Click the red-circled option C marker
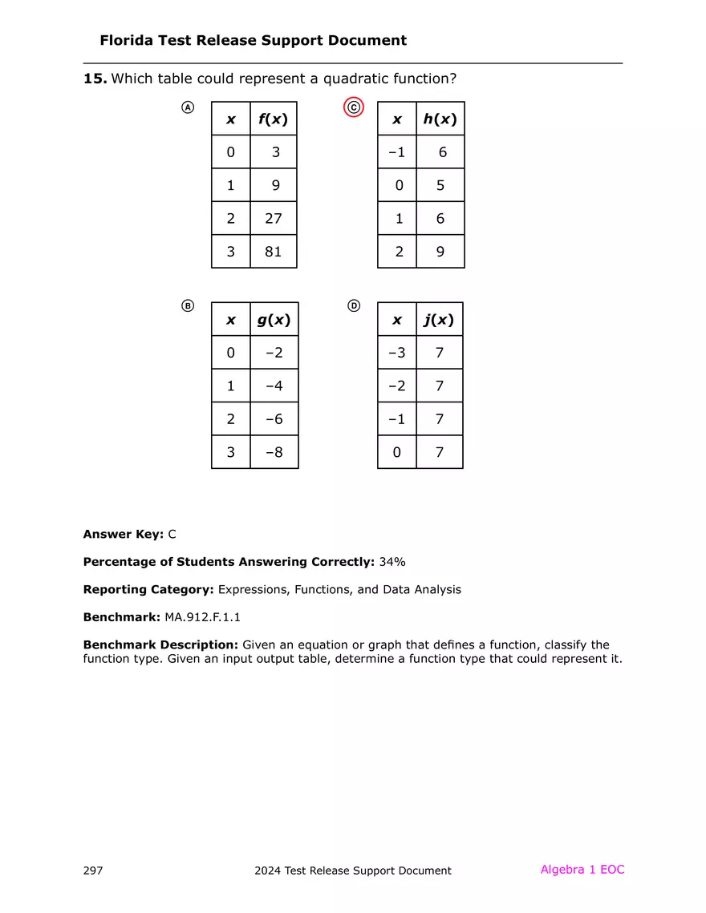(354, 107)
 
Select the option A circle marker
(187, 107)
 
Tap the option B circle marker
(187, 306)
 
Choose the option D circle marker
(354, 306)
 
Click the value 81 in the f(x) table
(274, 252)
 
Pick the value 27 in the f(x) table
(274, 218)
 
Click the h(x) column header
(440, 119)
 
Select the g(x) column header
(274, 320)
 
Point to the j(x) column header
(439, 320)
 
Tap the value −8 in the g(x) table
(274, 452)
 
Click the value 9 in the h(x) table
(440, 252)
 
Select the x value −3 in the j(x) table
(396, 352)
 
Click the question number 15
(95, 79)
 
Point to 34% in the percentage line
(392, 562)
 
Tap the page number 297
(93, 871)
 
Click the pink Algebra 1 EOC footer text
(582, 870)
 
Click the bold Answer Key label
(124, 534)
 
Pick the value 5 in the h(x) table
(440, 185)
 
